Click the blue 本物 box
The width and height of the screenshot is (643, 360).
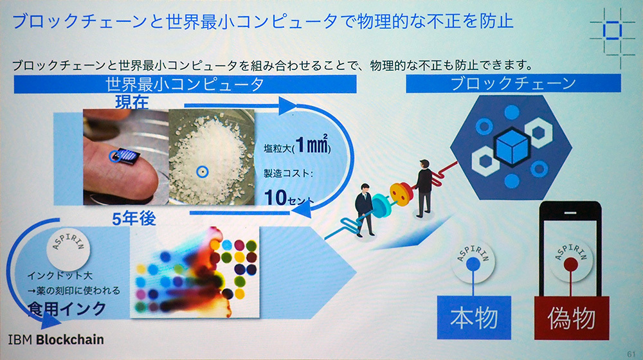[474, 317]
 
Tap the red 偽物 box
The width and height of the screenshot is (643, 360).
[571, 318]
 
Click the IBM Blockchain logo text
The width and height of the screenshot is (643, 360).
[56, 339]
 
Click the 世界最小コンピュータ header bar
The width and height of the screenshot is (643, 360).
[185, 84]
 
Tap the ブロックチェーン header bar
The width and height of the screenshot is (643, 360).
[513, 83]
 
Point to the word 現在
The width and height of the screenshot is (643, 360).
[132, 102]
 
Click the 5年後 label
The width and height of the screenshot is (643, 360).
[134, 219]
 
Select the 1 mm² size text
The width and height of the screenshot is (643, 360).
[313, 145]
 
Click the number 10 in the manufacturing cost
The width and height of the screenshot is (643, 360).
[276, 197]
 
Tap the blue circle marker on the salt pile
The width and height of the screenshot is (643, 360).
[202, 172]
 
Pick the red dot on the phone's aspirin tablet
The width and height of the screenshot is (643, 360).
[570, 265]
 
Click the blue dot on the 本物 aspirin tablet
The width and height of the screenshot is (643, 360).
[473, 264]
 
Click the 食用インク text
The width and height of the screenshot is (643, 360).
[67, 309]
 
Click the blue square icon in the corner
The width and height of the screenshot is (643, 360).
[612, 31]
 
